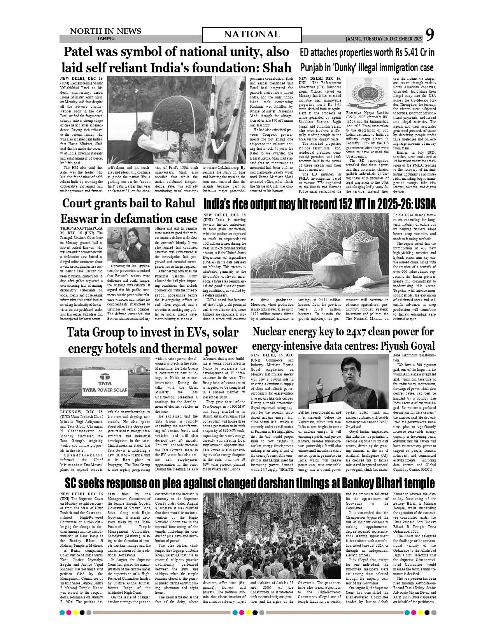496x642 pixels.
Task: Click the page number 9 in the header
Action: [429, 35]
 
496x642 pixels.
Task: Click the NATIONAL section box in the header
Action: [252, 35]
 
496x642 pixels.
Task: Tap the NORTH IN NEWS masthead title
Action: [105, 31]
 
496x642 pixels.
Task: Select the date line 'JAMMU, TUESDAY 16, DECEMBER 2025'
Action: [383, 39]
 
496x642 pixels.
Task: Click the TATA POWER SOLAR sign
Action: [105, 383]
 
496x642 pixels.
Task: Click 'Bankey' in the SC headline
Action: [357, 483]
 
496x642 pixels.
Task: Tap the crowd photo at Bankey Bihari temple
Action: [273, 535]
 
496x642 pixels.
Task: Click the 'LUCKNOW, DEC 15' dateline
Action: [81, 412]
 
